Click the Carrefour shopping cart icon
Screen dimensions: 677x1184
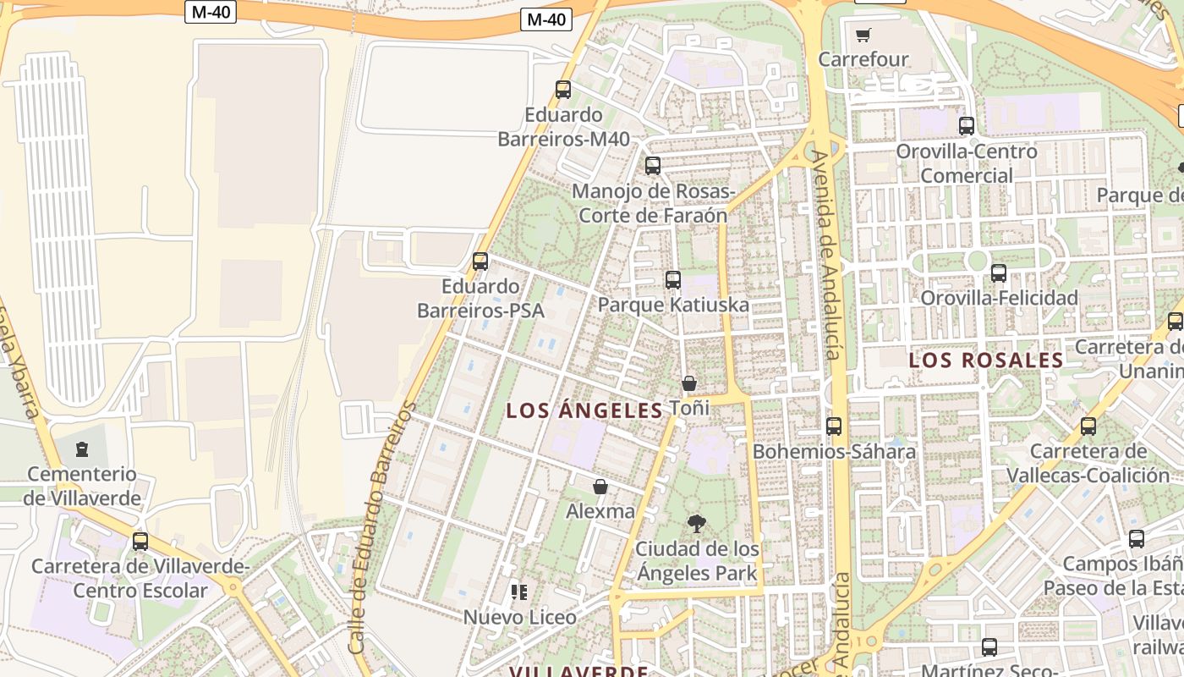click(863, 36)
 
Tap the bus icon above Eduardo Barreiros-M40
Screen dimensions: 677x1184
click(563, 89)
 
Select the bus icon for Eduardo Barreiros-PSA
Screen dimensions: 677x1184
click(480, 261)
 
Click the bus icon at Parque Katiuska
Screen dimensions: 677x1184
click(673, 279)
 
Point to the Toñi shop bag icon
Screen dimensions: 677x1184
click(689, 383)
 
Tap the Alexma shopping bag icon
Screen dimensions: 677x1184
click(600, 487)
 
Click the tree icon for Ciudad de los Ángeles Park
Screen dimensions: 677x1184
click(697, 523)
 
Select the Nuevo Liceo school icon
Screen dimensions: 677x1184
click(519, 592)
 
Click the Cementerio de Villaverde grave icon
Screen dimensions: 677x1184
click(82, 449)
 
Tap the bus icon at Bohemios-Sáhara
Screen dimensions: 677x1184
click(834, 427)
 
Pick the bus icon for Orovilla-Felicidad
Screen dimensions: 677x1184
click(999, 272)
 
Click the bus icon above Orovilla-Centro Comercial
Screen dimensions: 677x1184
click(967, 126)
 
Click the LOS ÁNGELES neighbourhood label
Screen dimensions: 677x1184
click(584, 411)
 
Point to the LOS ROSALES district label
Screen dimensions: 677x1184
click(985, 361)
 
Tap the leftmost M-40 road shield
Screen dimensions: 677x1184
click(210, 12)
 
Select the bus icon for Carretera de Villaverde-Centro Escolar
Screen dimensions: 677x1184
click(140, 541)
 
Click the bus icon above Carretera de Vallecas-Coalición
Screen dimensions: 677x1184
click(1088, 427)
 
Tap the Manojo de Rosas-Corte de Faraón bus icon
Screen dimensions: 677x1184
click(653, 166)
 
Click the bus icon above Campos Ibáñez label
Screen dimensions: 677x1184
click(1137, 539)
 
